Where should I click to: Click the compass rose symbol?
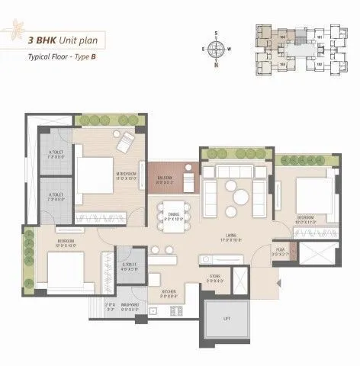click(x=217, y=50)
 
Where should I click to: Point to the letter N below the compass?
click(x=217, y=66)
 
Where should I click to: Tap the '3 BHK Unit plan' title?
click(x=64, y=40)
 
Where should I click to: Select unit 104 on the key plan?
click(x=283, y=36)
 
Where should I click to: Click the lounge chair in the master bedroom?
click(x=124, y=143)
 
